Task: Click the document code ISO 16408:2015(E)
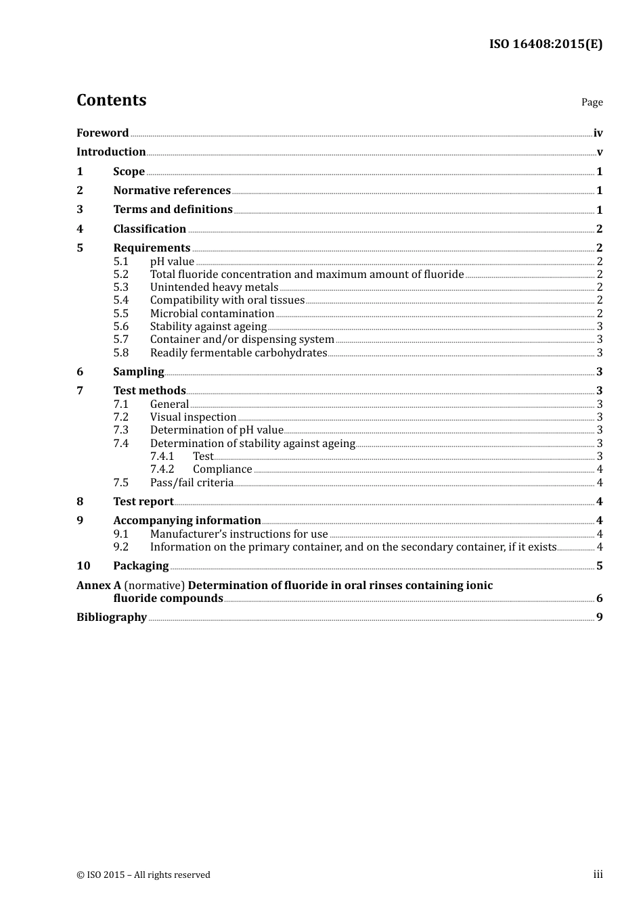pyautogui.click(x=546, y=44)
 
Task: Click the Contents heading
pyautogui.click(x=111, y=100)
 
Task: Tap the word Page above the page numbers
pyautogui.click(x=592, y=102)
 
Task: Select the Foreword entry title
pyautogui.click(x=102, y=133)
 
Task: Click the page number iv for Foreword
pyautogui.click(x=598, y=133)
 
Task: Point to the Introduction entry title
pyautogui.click(x=111, y=151)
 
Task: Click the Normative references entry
pyautogui.click(x=172, y=190)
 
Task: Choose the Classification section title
pyautogui.click(x=150, y=229)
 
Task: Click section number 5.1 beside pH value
pyautogui.click(x=120, y=261)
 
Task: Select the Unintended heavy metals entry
pyautogui.click(x=214, y=287)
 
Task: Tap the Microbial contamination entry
pyautogui.click(x=212, y=313)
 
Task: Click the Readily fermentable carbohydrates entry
pyautogui.click(x=238, y=352)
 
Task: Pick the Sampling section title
pyautogui.click(x=139, y=371)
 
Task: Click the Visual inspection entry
pyautogui.click(x=193, y=417)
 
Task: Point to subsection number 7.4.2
pyautogui.click(x=162, y=469)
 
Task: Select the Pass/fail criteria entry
pyautogui.click(x=192, y=482)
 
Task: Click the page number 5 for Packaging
pyautogui.click(x=599, y=565)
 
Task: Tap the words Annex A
pyautogui.click(x=94, y=585)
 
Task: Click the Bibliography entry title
pyautogui.click(x=112, y=617)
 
